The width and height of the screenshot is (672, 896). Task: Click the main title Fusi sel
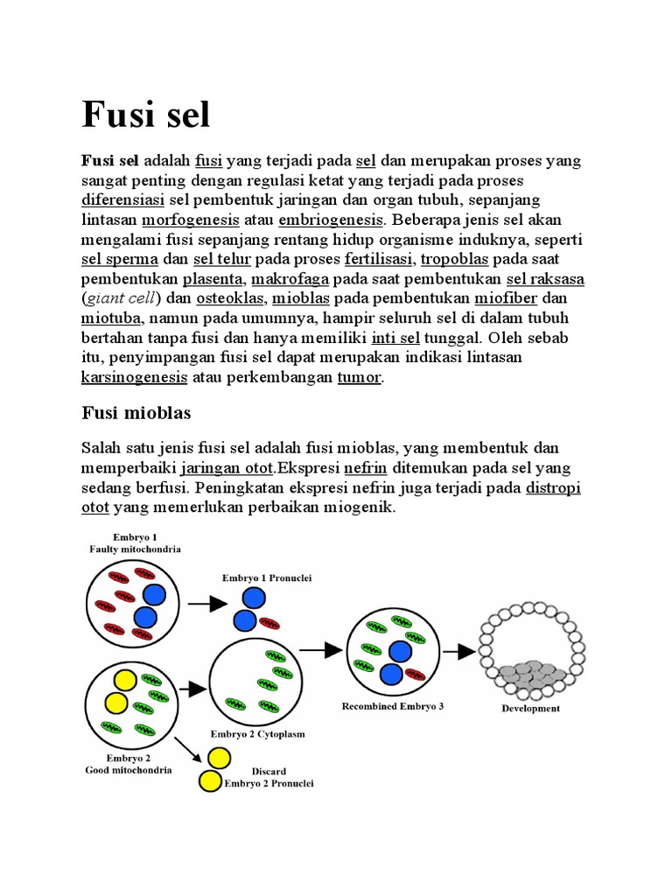pos(146,115)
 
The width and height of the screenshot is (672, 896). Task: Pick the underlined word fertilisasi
pos(378,259)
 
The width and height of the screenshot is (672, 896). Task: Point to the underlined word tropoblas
pos(456,259)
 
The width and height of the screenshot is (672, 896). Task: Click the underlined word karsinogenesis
pos(134,378)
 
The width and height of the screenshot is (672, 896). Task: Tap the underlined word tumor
pos(360,378)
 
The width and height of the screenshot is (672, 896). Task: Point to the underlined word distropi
pos(554,487)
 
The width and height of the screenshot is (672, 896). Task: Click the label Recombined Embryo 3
pos(393,706)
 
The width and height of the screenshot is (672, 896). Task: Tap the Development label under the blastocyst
pos(530,709)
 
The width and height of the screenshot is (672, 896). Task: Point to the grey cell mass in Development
pos(530,673)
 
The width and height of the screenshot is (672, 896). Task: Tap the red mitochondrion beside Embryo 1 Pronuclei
pos(269,622)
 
